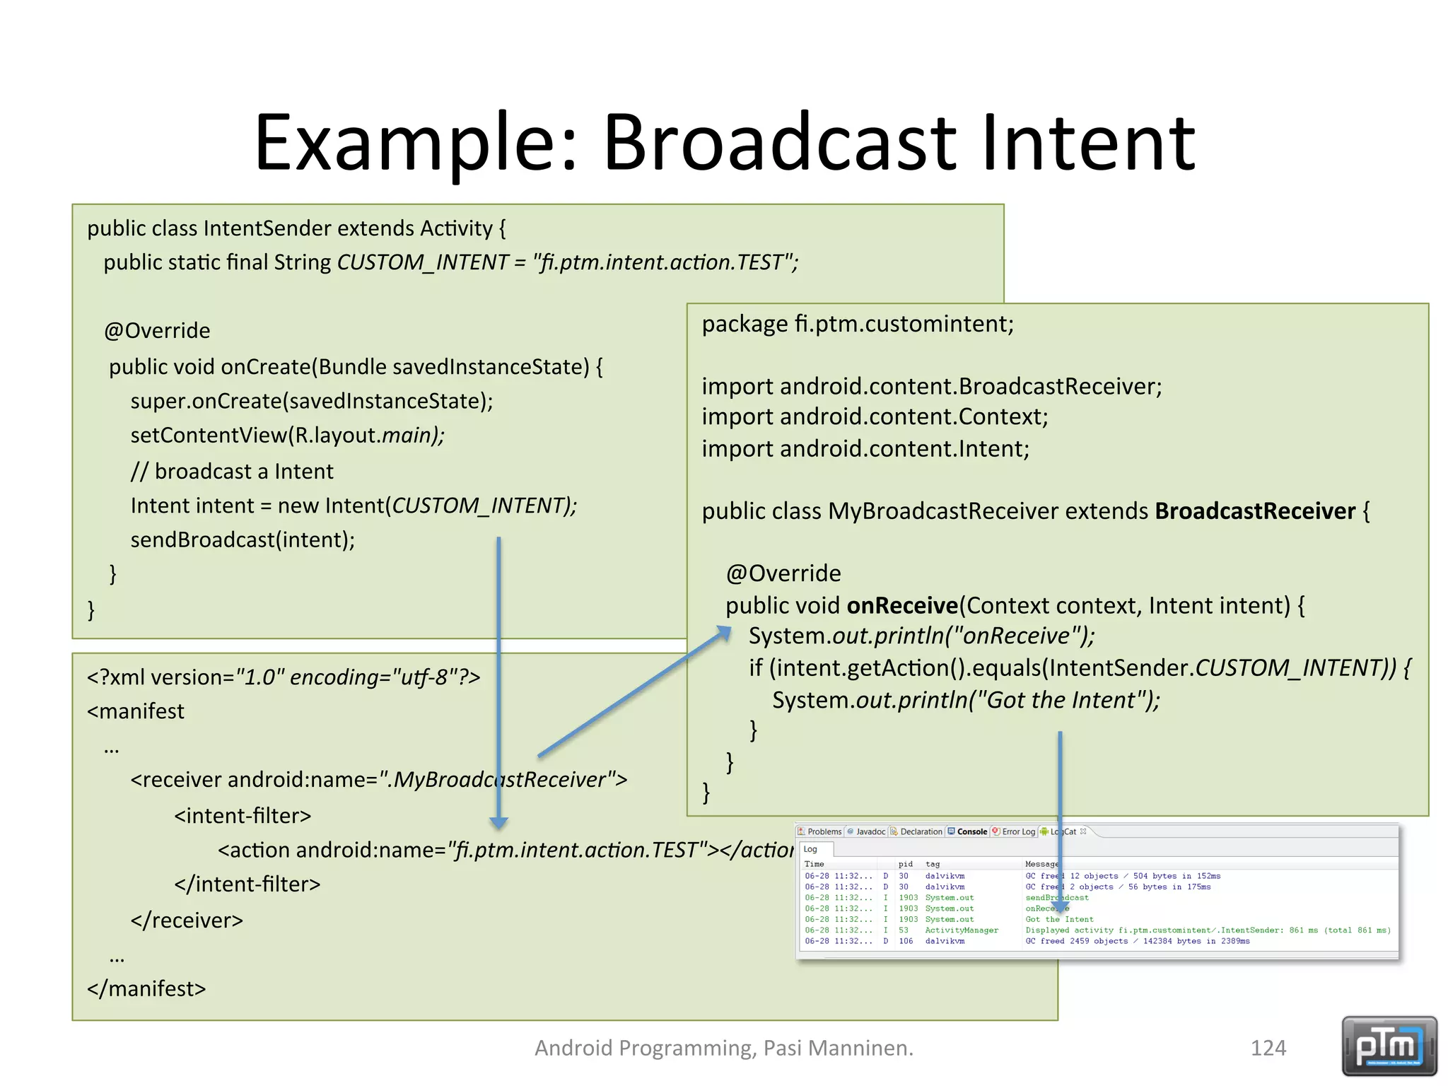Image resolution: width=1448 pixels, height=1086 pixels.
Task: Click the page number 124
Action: click(1268, 1047)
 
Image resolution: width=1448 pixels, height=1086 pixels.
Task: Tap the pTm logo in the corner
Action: click(1389, 1046)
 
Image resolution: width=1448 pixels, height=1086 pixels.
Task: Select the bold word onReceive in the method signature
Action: click(901, 605)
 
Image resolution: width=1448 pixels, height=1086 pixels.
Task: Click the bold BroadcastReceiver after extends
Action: click(1254, 510)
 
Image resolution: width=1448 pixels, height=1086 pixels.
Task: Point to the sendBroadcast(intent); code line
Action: click(243, 539)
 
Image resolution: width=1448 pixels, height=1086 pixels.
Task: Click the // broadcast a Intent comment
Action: click(232, 471)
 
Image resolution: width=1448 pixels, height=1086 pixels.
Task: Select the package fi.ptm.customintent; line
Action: click(857, 324)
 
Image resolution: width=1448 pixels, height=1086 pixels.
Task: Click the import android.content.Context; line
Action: click(874, 416)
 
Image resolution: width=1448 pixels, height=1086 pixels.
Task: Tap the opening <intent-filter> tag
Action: click(243, 815)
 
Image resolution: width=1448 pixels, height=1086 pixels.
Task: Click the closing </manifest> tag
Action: click(146, 988)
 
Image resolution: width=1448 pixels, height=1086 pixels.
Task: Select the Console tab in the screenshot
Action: click(971, 831)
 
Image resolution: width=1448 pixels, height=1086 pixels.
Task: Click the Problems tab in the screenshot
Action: click(822, 831)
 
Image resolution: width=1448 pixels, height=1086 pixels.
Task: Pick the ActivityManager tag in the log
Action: click(961, 930)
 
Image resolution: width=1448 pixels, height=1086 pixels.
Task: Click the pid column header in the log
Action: click(905, 864)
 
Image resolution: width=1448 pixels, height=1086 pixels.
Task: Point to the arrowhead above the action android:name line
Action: click(498, 822)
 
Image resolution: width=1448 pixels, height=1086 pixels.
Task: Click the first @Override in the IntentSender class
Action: click(157, 331)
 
